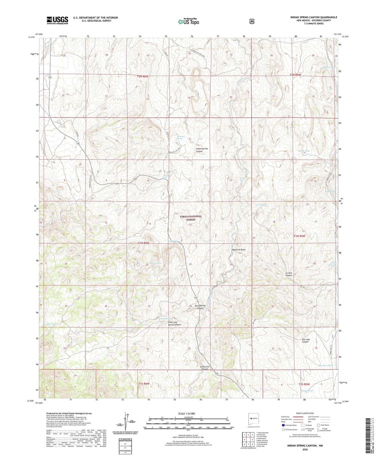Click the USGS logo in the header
[57, 20]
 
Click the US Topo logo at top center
[188, 22]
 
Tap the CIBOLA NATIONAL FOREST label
[191, 218]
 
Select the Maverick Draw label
[239, 250]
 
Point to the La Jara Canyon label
[289, 274]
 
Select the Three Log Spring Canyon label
[174, 323]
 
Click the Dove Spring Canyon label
[200, 307]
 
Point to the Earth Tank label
[304, 151]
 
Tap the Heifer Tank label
[307, 391]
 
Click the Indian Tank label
[49, 324]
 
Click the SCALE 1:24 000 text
[188, 413]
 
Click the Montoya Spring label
[180, 137]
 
